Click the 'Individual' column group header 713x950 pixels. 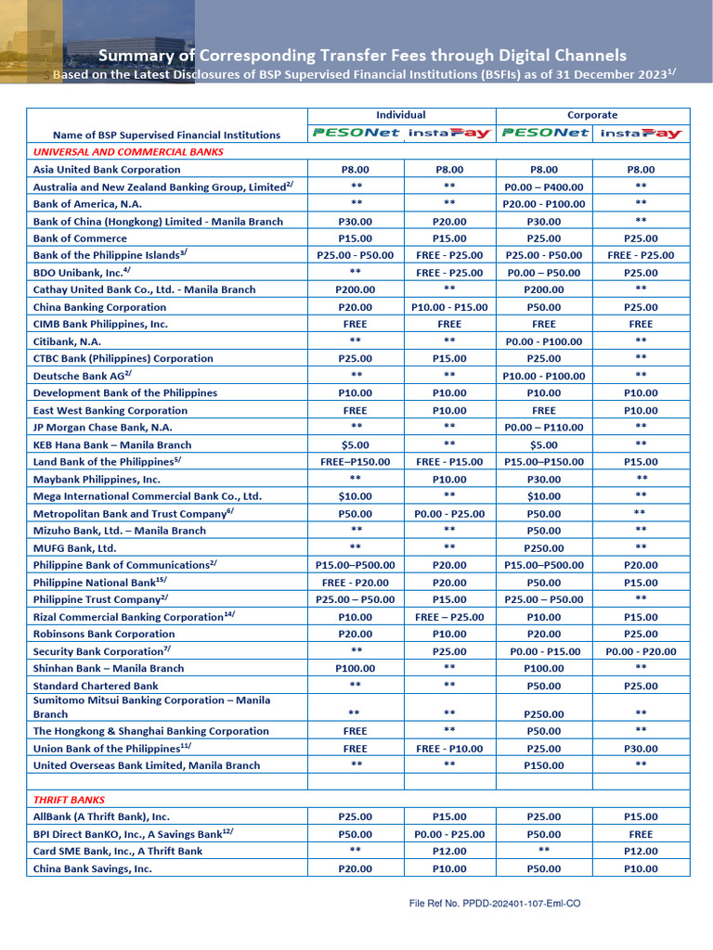(x=401, y=115)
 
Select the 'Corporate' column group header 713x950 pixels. (x=591, y=115)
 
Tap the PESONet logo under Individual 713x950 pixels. (x=356, y=134)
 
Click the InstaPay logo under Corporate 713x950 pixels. (x=641, y=134)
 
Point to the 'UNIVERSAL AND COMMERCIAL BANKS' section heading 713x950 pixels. (x=128, y=151)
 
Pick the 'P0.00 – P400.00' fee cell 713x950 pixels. (x=543, y=187)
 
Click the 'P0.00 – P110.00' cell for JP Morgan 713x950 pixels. (x=543, y=428)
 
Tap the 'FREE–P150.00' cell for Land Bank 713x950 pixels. (x=356, y=462)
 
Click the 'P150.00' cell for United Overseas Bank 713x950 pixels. (x=543, y=766)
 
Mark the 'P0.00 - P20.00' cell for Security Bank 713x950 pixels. (x=641, y=652)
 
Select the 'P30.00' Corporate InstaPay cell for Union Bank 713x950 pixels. (x=641, y=749)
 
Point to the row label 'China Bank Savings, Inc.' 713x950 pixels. (x=93, y=869)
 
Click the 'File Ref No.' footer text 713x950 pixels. (x=495, y=903)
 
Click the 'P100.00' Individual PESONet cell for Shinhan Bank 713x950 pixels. (x=356, y=669)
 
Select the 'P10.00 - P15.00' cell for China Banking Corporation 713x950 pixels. (x=449, y=308)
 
